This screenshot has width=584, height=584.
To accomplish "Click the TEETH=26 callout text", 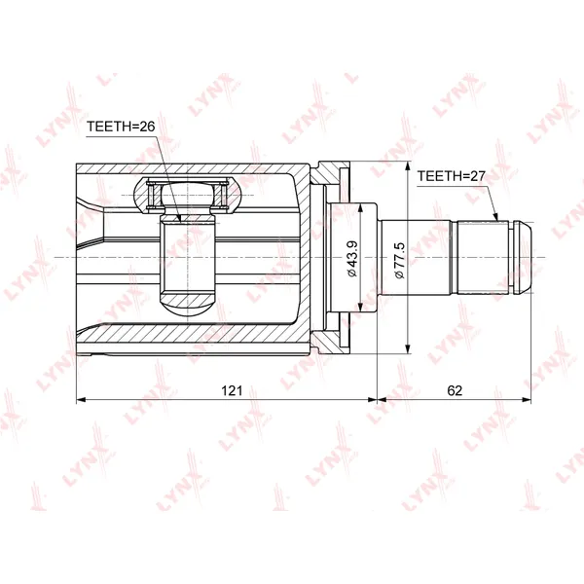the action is click(121, 127).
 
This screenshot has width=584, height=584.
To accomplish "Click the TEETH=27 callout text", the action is click(451, 176).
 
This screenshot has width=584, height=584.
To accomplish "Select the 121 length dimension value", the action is click(232, 390).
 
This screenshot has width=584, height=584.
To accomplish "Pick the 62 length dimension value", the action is click(455, 390).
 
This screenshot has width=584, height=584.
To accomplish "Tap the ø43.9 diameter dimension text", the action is click(352, 259).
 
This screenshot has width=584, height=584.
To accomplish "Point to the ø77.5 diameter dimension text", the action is click(399, 260).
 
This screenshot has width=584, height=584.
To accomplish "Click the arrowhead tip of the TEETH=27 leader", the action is click(497, 221).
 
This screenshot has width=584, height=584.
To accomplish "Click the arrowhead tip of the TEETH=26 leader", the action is click(181, 222).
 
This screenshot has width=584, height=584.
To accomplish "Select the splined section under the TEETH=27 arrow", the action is click(483, 257).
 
